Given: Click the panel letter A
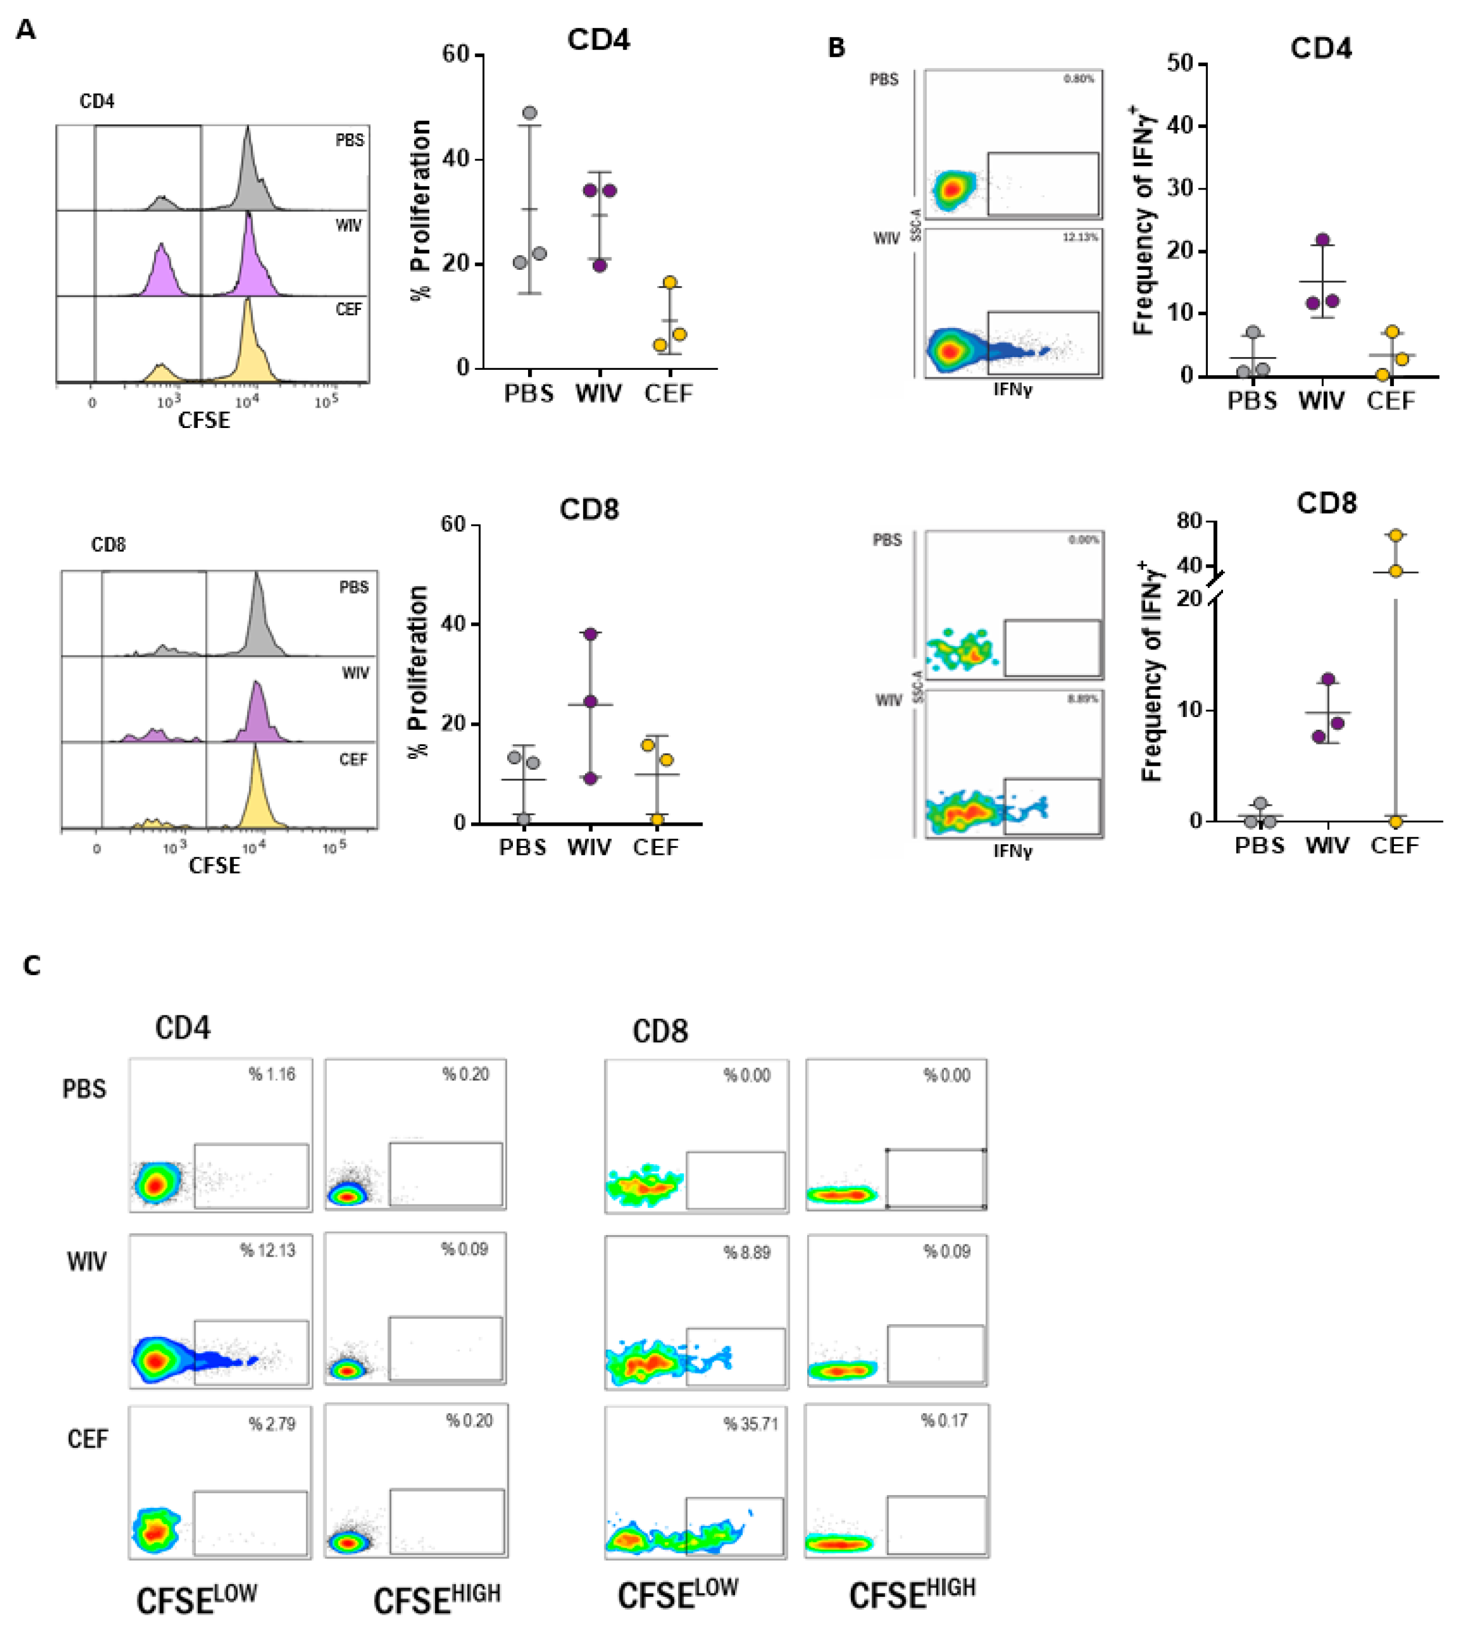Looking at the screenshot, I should (x=26, y=30).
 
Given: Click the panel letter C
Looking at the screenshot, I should (x=31, y=965).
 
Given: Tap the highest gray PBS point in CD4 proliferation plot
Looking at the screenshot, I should (x=530, y=113).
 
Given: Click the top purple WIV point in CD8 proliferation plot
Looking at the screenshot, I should (x=590, y=634).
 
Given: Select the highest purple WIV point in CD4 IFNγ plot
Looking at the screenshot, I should (x=1322, y=240).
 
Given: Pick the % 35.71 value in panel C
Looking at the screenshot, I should (x=751, y=1424).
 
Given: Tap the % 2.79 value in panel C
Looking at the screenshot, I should (x=272, y=1424).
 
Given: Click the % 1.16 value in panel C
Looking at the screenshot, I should (x=272, y=1075).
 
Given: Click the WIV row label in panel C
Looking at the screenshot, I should (x=86, y=1262).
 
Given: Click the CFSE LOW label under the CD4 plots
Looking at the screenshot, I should (x=196, y=1600).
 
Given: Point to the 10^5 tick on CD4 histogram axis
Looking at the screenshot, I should (x=326, y=401).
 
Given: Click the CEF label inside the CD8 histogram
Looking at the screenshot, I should (x=353, y=759).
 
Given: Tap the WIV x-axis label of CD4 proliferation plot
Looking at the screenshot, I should (x=598, y=394).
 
